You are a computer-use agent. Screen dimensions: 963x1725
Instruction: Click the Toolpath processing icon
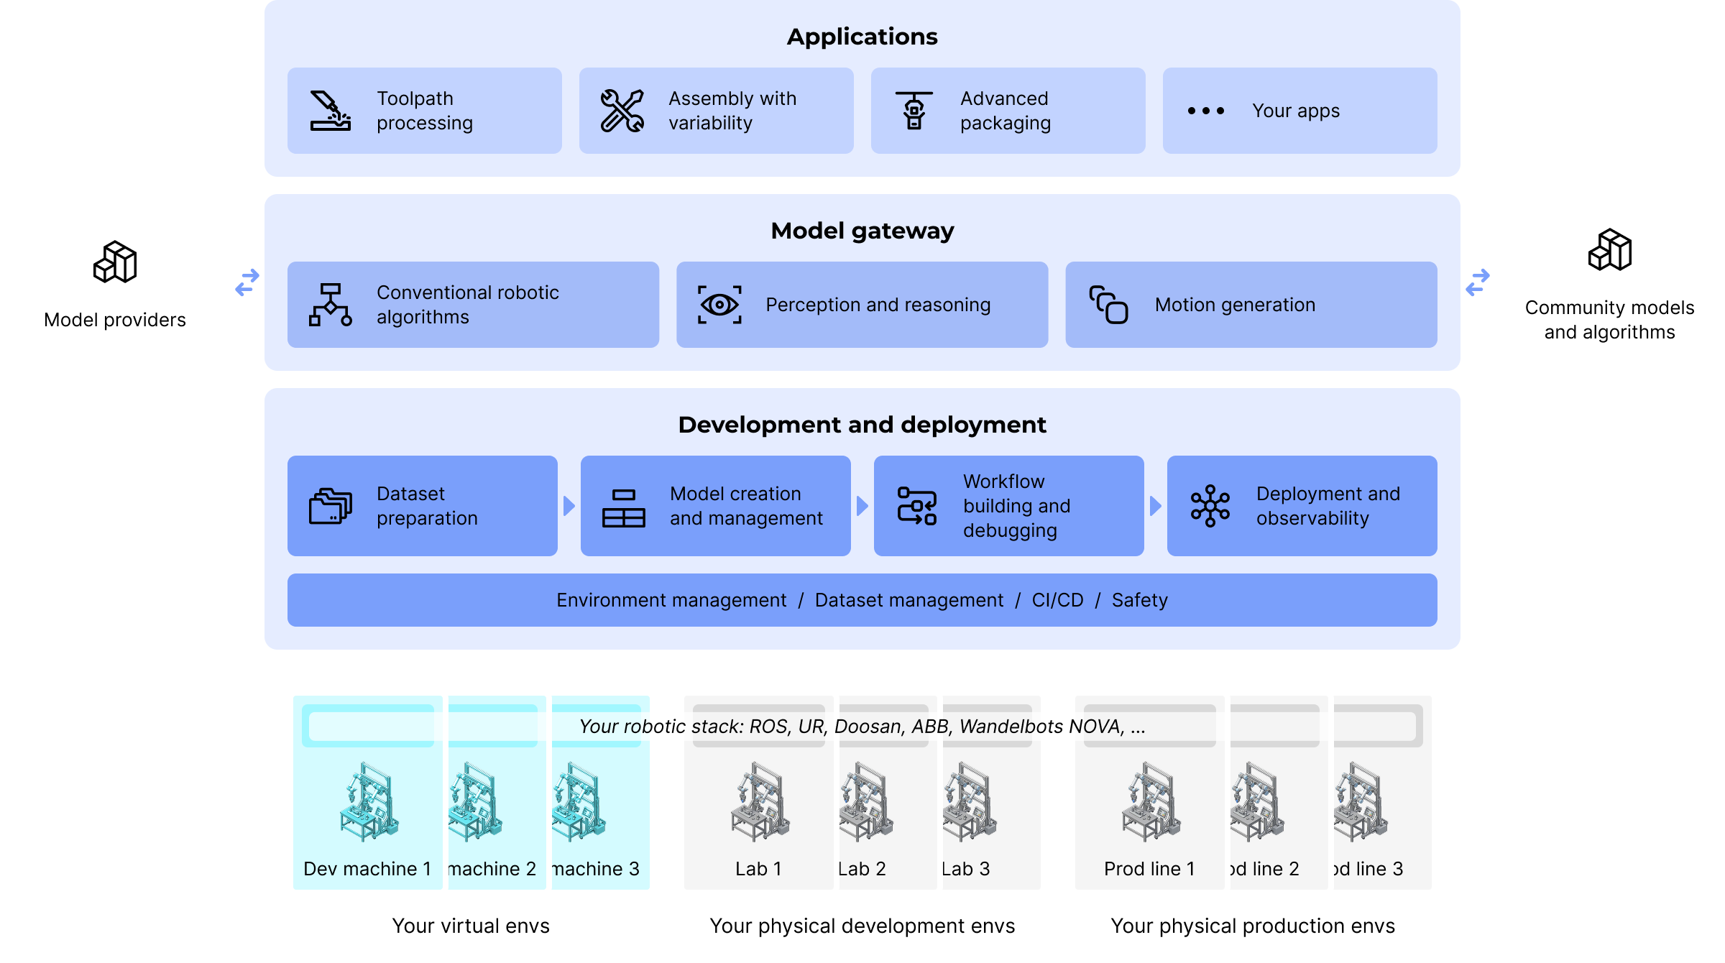330,111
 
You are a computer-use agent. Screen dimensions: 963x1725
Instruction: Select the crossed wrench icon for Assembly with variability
622,111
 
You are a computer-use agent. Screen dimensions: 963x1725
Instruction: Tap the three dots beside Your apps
1205,111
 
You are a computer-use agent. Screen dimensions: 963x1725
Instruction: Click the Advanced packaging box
1008,111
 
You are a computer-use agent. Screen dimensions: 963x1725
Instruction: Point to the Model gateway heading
862,231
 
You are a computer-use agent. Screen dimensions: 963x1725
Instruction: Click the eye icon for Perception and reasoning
719,305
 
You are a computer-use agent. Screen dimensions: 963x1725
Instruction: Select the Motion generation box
1251,305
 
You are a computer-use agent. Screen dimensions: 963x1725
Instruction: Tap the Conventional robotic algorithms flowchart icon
330,305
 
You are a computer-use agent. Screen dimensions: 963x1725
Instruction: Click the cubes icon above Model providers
115,262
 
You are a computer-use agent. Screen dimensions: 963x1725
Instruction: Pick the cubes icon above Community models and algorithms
1609,250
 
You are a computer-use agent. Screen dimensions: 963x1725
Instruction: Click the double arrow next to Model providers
247,282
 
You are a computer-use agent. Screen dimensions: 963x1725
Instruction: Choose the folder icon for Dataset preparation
330,506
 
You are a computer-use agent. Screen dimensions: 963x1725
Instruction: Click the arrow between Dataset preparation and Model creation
569,506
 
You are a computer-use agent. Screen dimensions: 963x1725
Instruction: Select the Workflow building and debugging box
1008,506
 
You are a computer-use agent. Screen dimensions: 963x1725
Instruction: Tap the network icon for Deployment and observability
1210,506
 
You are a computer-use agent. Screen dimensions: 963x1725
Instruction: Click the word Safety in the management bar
1139,600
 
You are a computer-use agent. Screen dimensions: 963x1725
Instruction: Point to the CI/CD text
1057,600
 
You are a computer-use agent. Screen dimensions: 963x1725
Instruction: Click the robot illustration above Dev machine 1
369,801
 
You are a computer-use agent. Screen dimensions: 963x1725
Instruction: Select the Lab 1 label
758,869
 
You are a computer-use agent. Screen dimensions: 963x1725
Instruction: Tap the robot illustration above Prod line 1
1150,801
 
